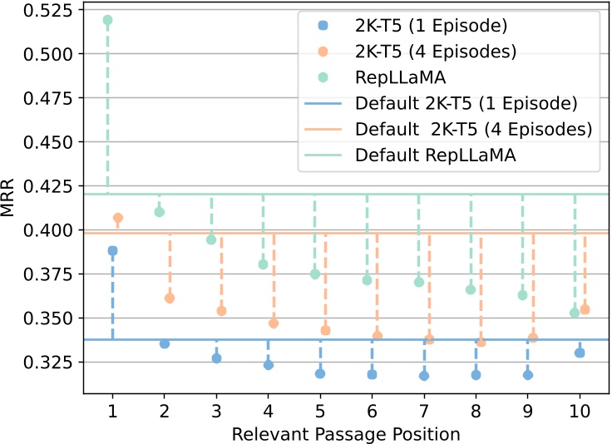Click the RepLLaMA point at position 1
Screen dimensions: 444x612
coord(107,20)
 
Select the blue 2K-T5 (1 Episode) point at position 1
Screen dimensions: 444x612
coord(112,250)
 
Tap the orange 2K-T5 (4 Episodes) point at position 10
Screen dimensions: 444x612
coord(585,309)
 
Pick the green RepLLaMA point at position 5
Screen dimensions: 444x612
coord(314,274)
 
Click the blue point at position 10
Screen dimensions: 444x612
coord(580,353)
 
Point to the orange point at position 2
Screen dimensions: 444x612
coord(170,298)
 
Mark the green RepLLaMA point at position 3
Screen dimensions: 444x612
coord(211,239)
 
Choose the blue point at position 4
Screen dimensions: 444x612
coord(269,365)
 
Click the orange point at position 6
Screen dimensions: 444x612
coord(378,335)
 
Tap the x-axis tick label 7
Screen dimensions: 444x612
coord(424,412)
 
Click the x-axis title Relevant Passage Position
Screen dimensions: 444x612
coord(346,432)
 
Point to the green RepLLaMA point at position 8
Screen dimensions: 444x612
coord(471,289)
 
